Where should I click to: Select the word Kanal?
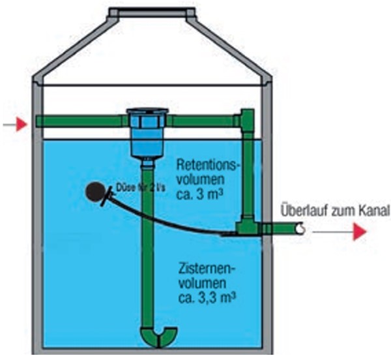(x=373, y=211)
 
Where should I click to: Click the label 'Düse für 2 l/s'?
(x=139, y=188)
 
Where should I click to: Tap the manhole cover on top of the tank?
(x=151, y=12)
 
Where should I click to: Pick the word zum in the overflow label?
(x=343, y=211)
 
